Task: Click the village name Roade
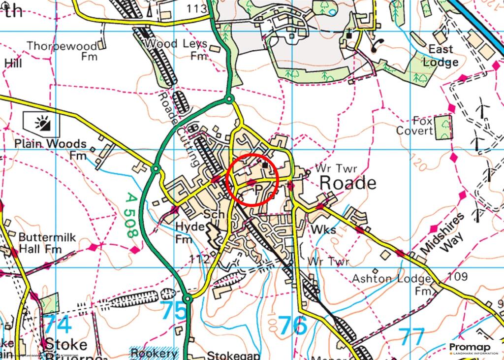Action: click(347, 183)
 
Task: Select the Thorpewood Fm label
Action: click(62, 51)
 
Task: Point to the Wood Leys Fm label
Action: click(176, 49)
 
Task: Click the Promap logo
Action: click(473, 349)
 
